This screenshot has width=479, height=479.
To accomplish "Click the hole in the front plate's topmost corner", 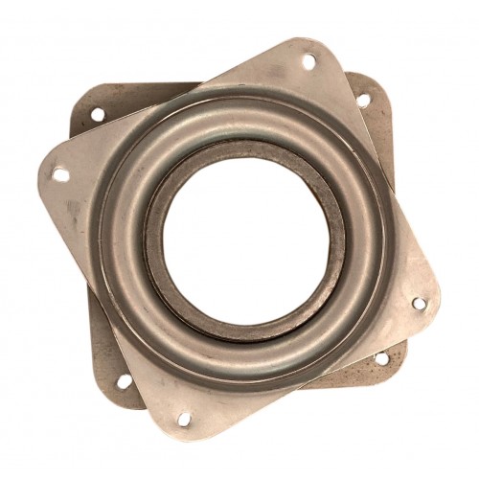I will [x=308, y=62].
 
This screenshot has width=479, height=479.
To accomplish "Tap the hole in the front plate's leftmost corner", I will [x=60, y=175].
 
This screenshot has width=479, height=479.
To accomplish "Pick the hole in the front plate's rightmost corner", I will [x=419, y=305].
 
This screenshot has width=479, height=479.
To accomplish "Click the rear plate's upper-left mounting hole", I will [x=97, y=114].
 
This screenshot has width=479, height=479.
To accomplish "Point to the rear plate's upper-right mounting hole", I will [x=363, y=100].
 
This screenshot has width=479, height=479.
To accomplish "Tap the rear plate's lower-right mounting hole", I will [x=381, y=359].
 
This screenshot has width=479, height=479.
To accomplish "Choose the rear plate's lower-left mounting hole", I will [x=124, y=380].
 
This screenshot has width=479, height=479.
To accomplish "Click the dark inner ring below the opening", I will [x=251, y=331].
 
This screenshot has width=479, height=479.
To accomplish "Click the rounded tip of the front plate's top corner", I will [x=311, y=44].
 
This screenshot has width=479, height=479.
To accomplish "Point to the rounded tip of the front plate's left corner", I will [x=43, y=172].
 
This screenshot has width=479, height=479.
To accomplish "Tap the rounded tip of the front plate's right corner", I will [x=436, y=307].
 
